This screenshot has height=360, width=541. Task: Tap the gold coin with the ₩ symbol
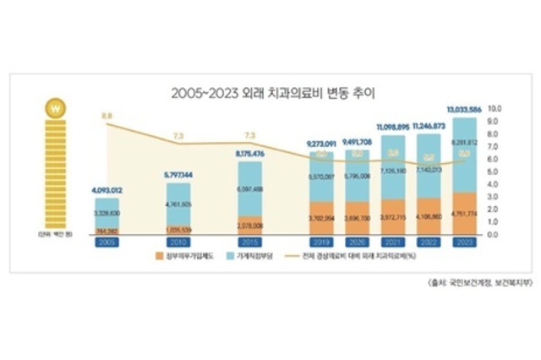55,110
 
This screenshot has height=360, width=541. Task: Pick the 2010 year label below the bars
179,242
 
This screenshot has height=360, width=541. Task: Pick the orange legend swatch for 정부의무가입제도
161,256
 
